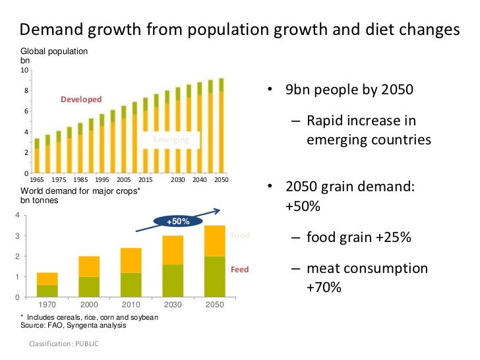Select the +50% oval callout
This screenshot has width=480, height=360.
tap(177, 222)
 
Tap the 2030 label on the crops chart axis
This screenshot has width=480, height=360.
tap(173, 305)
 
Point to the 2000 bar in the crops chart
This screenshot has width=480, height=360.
tap(89, 276)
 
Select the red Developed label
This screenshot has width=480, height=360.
tap(81, 100)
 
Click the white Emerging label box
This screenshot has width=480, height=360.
tap(171, 140)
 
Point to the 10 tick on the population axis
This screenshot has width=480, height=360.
tap(24, 71)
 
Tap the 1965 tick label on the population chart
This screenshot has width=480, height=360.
tap(38, 179)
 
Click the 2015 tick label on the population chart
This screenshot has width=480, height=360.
tap(145, 179)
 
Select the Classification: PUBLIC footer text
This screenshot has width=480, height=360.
tap(64, 344)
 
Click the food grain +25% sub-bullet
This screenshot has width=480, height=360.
tap(359, 237)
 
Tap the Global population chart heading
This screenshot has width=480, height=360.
tap(54, 51)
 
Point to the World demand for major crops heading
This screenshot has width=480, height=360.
tap(80, 192)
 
